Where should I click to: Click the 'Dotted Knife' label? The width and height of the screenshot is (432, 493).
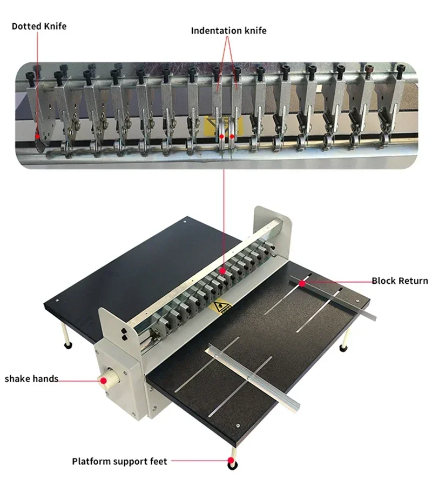coord(39,26)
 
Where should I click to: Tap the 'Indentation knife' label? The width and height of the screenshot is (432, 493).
coord(228,31)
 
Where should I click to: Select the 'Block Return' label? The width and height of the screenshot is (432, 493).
coord(400,281)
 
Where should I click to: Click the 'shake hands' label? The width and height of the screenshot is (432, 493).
coord(31,378)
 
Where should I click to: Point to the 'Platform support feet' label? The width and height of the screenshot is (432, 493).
coord(120,461)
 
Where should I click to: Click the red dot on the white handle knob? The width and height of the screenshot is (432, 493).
coord(103,380)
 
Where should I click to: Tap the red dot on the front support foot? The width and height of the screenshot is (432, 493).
coord(232,462)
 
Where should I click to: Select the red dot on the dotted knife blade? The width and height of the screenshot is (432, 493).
coord(37,137)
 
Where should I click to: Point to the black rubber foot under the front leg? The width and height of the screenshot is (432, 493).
coord(232,464)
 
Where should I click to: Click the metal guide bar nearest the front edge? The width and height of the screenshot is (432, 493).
coord(254,378)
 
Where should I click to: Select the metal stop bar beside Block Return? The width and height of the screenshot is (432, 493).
coord(332,297)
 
